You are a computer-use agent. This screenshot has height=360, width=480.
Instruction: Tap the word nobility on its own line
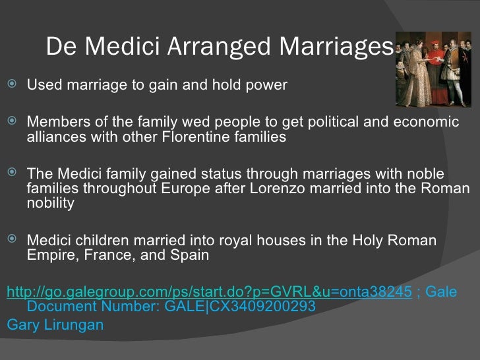[51, 203]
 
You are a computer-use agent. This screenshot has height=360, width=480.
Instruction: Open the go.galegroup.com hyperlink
[208, 292]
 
